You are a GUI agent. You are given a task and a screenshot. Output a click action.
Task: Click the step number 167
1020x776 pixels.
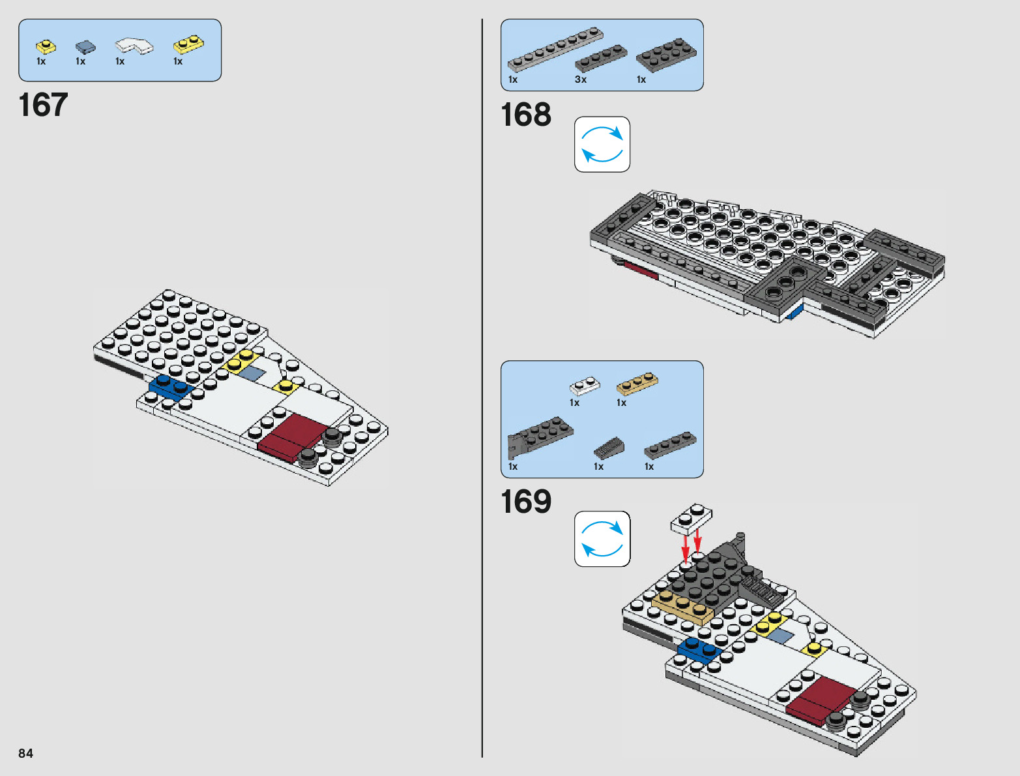(43, 105)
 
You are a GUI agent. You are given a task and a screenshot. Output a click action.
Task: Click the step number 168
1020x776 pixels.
(525, 115)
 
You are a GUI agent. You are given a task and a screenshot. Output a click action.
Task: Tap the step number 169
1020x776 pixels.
(525, 502)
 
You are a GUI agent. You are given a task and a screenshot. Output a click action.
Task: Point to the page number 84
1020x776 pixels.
(25, 753)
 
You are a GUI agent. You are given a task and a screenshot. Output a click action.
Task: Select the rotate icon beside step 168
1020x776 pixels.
(602, 145)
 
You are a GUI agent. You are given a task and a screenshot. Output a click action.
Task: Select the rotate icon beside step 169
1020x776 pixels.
(602, 539)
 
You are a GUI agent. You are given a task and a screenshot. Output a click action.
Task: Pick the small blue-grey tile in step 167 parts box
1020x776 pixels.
(85, 47)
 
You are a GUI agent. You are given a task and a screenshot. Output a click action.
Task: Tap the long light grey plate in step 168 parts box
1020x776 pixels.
(555, 49)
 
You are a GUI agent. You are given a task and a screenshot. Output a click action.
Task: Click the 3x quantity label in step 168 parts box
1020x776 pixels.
(580, 79)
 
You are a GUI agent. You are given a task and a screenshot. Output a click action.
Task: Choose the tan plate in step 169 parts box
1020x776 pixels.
(637, 383)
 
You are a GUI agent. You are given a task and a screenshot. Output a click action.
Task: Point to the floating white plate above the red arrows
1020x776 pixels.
(691, 519)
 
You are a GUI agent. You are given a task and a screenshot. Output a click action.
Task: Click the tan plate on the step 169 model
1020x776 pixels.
(682, 607)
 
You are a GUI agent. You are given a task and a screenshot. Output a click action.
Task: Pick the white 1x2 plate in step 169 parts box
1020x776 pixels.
(585, 385)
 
